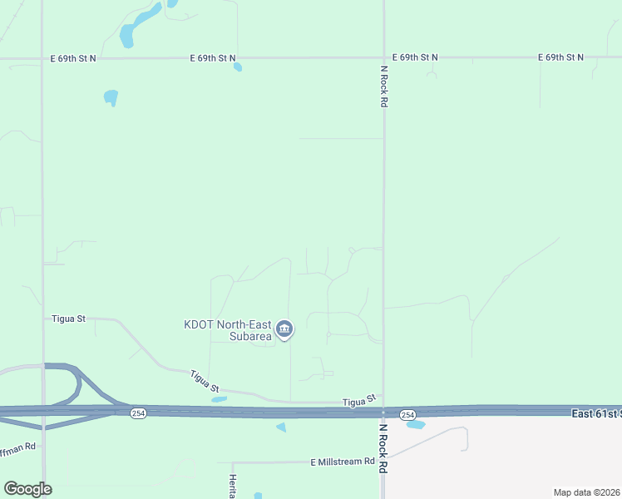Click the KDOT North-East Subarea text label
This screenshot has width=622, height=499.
click(x=228, y=331)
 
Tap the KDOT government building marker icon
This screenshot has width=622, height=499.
click(x=284, y=330)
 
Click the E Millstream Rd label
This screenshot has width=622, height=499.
click(x=343, y=462)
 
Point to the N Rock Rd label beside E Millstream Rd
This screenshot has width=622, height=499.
click(x=383, y=449)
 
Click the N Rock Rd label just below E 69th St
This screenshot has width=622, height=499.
click(x=384, y=86)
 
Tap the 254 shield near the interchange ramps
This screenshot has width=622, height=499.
click(x=138, y=413)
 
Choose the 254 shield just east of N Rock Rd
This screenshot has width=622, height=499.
click(x=407, y=414)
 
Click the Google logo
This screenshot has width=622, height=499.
click(x=27, y=489)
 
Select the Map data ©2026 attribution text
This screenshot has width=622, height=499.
click(x=586, y=492)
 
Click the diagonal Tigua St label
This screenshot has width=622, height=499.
click(x=205, y=382)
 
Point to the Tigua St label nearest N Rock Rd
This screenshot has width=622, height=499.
click(x=360, y=401)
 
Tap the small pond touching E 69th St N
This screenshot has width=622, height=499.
click(x=238, y=67)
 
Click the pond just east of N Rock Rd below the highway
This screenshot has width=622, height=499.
click(x=416, y=425)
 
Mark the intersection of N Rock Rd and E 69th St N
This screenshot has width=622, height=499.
click(x=383, y=58)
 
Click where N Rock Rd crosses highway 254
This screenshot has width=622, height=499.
click(x=383, y=411)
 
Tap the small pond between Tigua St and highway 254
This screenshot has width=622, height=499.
click(x=219, y=399)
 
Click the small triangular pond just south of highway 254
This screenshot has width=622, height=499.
click(x=281, y=427)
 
